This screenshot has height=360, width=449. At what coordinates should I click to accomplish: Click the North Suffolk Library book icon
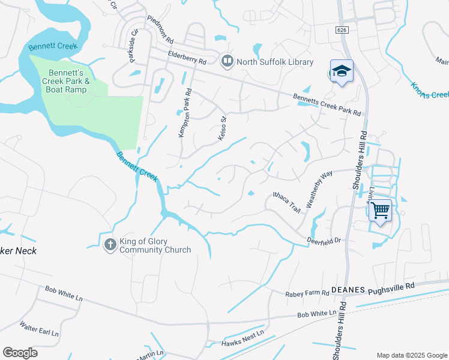click(228, 61)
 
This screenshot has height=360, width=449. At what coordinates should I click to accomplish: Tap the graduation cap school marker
click(342, 71)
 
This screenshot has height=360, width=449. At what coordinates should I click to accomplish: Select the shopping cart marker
click(380, 210)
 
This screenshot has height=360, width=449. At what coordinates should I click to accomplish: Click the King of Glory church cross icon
click(110, 244)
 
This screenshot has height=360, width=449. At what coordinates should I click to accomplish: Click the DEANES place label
click(348, 290)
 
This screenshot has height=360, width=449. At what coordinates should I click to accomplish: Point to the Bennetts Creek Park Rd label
click(327, 105)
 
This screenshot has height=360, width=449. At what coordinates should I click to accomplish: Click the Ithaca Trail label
click(286, 202)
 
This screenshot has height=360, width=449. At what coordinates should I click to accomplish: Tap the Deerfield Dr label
click(324, 239)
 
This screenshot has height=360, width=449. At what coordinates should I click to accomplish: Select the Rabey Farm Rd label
click(307, 293)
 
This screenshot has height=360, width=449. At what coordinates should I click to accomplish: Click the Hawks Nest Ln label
click(243, 338)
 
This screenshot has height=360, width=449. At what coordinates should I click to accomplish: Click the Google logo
click(20, 353)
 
